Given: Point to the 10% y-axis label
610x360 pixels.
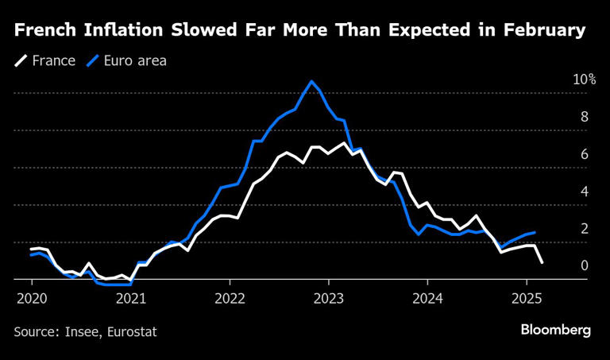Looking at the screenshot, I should click(584, 79).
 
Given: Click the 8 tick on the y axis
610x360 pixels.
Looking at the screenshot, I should click(584, 117).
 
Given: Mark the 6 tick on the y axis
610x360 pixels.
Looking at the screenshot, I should click(584, 154).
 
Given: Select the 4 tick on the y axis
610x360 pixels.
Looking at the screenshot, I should click(584, 192).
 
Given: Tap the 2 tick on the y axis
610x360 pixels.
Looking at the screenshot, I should click(584, 229).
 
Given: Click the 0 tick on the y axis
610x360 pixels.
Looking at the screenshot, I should click(584, 265).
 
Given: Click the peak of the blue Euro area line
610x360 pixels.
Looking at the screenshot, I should click(311, 81).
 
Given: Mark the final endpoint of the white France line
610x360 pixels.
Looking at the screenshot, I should click(542, 262).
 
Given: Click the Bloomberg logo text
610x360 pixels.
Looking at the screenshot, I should click(555, 330).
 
